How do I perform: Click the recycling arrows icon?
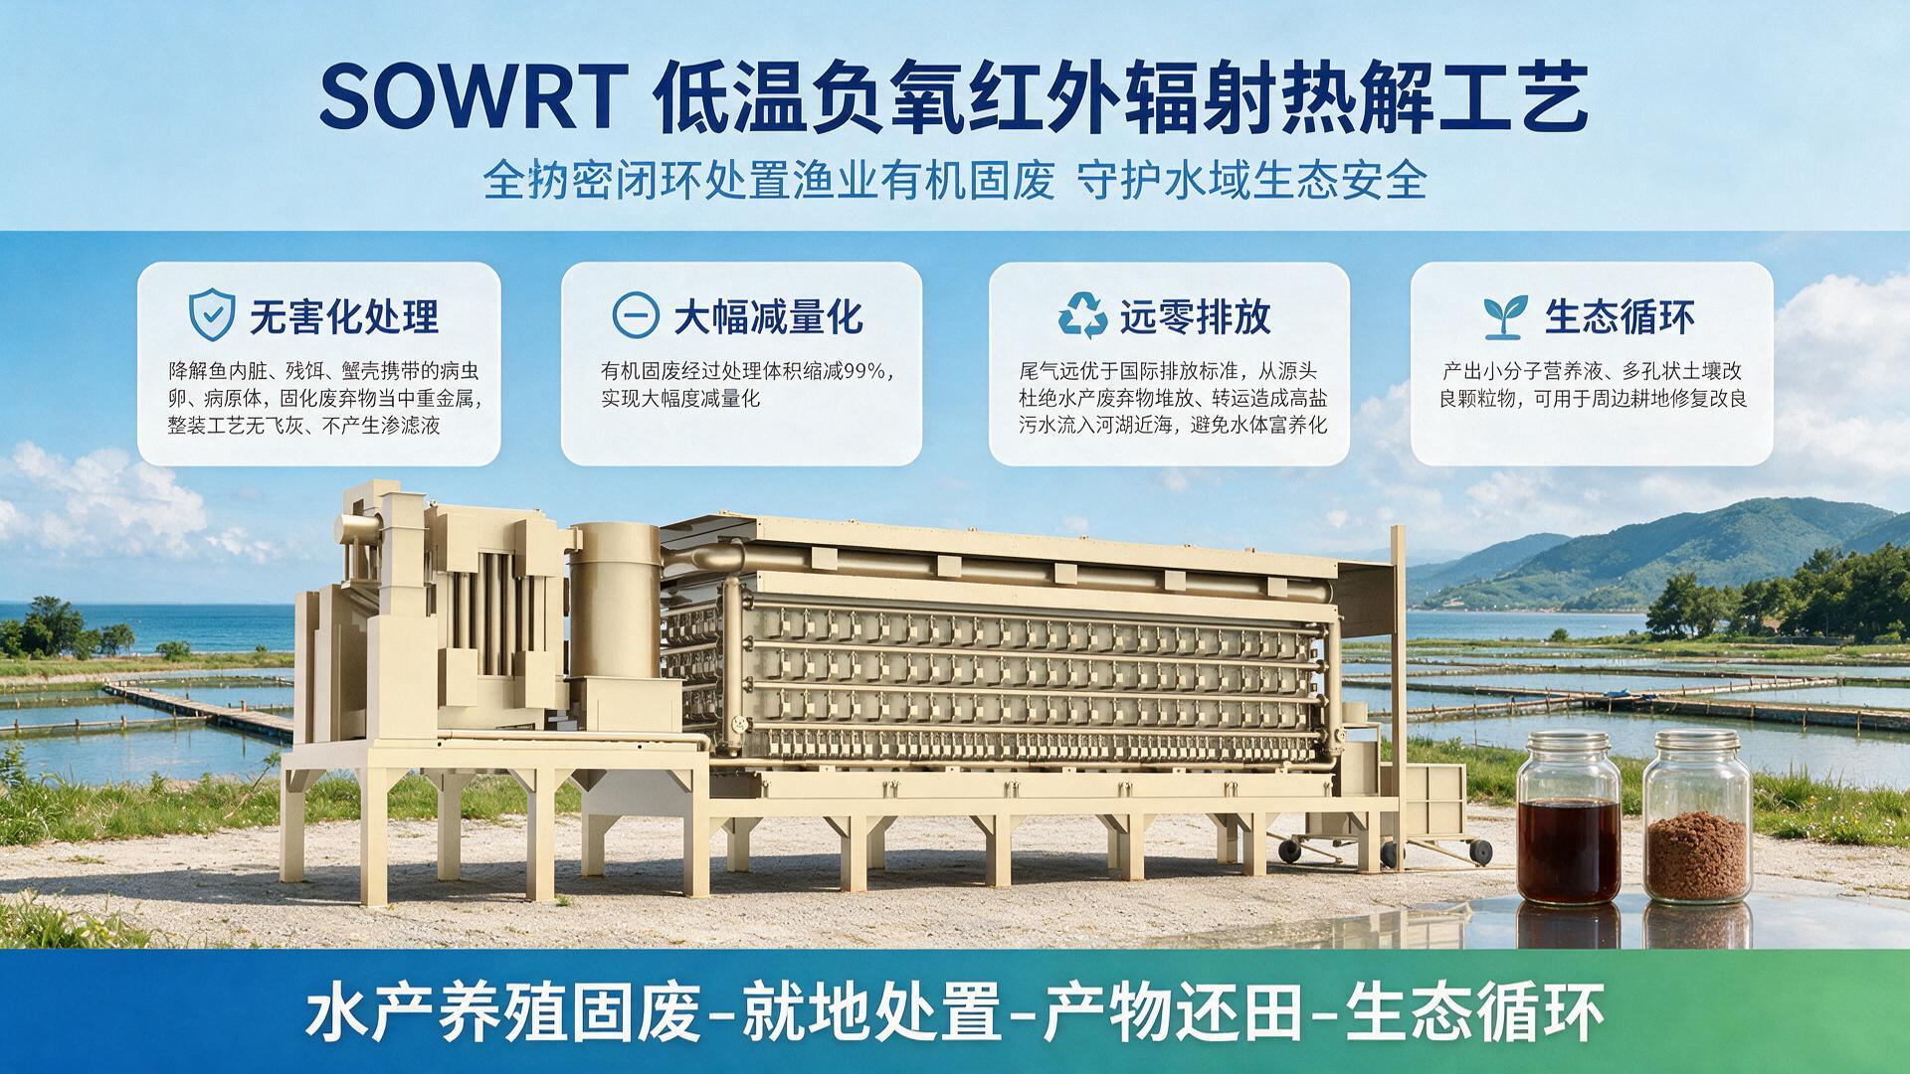point(1081,315)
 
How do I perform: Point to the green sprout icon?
point(1505,316)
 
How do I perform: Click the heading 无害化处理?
point(343,317)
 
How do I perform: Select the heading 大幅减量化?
point(768,317)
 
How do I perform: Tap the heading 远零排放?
point(1196,317)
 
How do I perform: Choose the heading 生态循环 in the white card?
point(1621,317)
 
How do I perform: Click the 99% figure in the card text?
point(864,372)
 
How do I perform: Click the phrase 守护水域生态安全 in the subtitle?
point(1252,181)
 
